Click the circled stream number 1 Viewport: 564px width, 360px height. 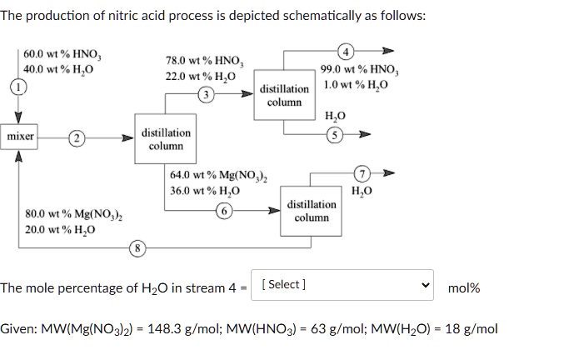(x=16, y=86)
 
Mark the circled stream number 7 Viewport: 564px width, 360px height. (x=360, y=174)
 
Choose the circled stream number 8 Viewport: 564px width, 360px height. (x=137, y=247)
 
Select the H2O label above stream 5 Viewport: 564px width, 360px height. (x=335, y=117)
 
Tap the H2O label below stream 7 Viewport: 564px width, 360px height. (x=362, y=190)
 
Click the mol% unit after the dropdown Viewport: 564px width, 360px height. (x=464, y=287)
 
